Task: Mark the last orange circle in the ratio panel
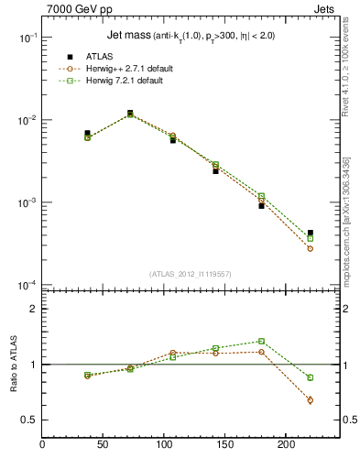point(311,400)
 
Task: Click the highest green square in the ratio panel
point(261,341)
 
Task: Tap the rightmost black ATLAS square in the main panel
point(311,233)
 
